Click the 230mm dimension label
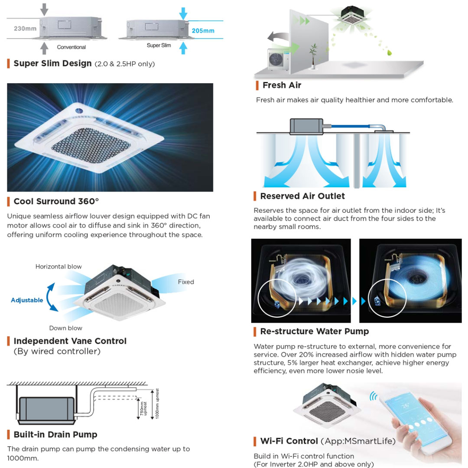25,29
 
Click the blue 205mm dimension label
203,31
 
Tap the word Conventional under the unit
71,47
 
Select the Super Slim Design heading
52,64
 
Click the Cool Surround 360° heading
56,201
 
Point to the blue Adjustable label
27,300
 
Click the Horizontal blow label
58,267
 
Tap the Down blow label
65,328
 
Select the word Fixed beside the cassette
186,282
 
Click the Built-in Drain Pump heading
55,435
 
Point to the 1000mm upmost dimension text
158,403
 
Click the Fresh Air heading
282,85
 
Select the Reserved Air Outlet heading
302,196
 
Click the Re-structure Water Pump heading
314,331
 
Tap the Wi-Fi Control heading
289,441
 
